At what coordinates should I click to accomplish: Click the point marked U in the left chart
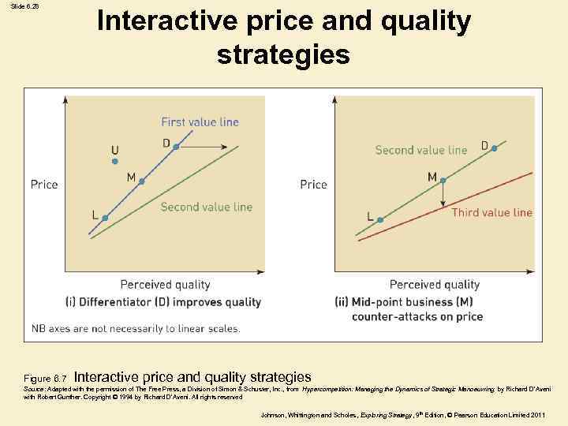(115, 162)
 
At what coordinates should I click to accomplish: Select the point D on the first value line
(176, 147)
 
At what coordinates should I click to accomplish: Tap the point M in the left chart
(142, 181)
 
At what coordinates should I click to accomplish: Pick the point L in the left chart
(105, 218)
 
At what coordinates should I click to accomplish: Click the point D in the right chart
(495, 148)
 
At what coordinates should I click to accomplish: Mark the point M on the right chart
(443, 181)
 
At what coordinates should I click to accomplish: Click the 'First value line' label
(200, 121)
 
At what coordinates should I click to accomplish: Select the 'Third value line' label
(491, 212)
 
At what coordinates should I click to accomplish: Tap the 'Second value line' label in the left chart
(206, 207)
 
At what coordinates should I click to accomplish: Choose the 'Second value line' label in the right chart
(420, 150)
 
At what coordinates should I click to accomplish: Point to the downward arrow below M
(443, 196)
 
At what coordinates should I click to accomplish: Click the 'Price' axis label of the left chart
(44, 184)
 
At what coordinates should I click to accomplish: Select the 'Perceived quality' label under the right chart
(434, 285)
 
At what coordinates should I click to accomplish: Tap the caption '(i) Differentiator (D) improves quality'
(163, 302)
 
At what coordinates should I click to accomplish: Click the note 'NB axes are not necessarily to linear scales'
(136, 328)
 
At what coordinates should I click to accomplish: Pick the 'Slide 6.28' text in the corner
(24, 6)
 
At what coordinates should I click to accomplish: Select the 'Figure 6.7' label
(46, 379)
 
